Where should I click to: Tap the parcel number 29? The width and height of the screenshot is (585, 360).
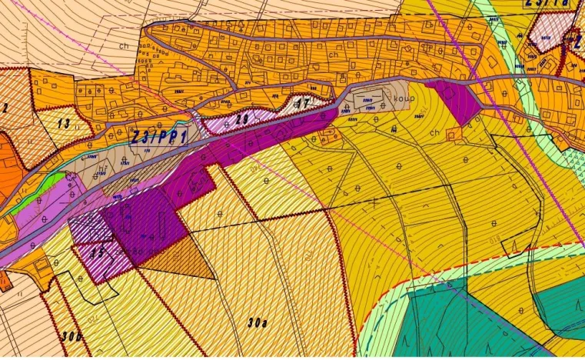pyautogui.click(x=241, y=118)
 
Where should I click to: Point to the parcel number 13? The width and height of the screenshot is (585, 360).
pyautogui.click(x=63, y=122)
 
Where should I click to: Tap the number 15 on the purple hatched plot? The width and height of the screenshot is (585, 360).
pyautogui.click(x=98, y=251)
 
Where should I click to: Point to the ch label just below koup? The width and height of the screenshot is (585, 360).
pyautogui.click(x=436, y=132)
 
